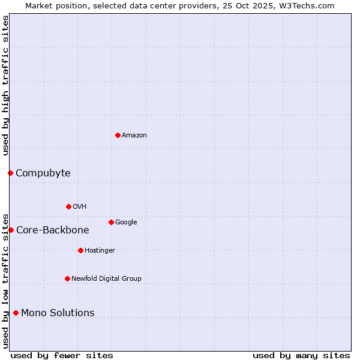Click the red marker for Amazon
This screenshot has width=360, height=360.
coord(118,135)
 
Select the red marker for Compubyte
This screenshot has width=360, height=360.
coord(10,173)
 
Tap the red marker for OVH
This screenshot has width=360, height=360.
coord(68,206)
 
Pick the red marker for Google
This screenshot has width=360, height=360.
coord(111,222)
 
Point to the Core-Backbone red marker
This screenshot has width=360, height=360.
coord(11,230)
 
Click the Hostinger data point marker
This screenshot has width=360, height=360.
coord(80,250)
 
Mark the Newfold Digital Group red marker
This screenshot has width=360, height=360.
coord(67,278)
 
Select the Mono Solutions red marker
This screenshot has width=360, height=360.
coord(16,313)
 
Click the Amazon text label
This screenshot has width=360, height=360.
coord(134,136)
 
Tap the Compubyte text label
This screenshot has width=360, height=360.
coord(43,173)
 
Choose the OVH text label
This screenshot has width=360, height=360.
coord(80,207)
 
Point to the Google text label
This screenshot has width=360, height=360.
coord(126,223)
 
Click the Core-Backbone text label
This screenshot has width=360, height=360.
coord(53,230)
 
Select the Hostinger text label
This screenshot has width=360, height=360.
coord(100,251)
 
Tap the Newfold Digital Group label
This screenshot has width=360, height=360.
coord(107,279)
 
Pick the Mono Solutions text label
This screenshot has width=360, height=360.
coord(58,313)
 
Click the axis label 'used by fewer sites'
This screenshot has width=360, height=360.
coord(62,355)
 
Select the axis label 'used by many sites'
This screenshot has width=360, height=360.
coord(301,355)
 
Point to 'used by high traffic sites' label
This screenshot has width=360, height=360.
coord(6,85)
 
